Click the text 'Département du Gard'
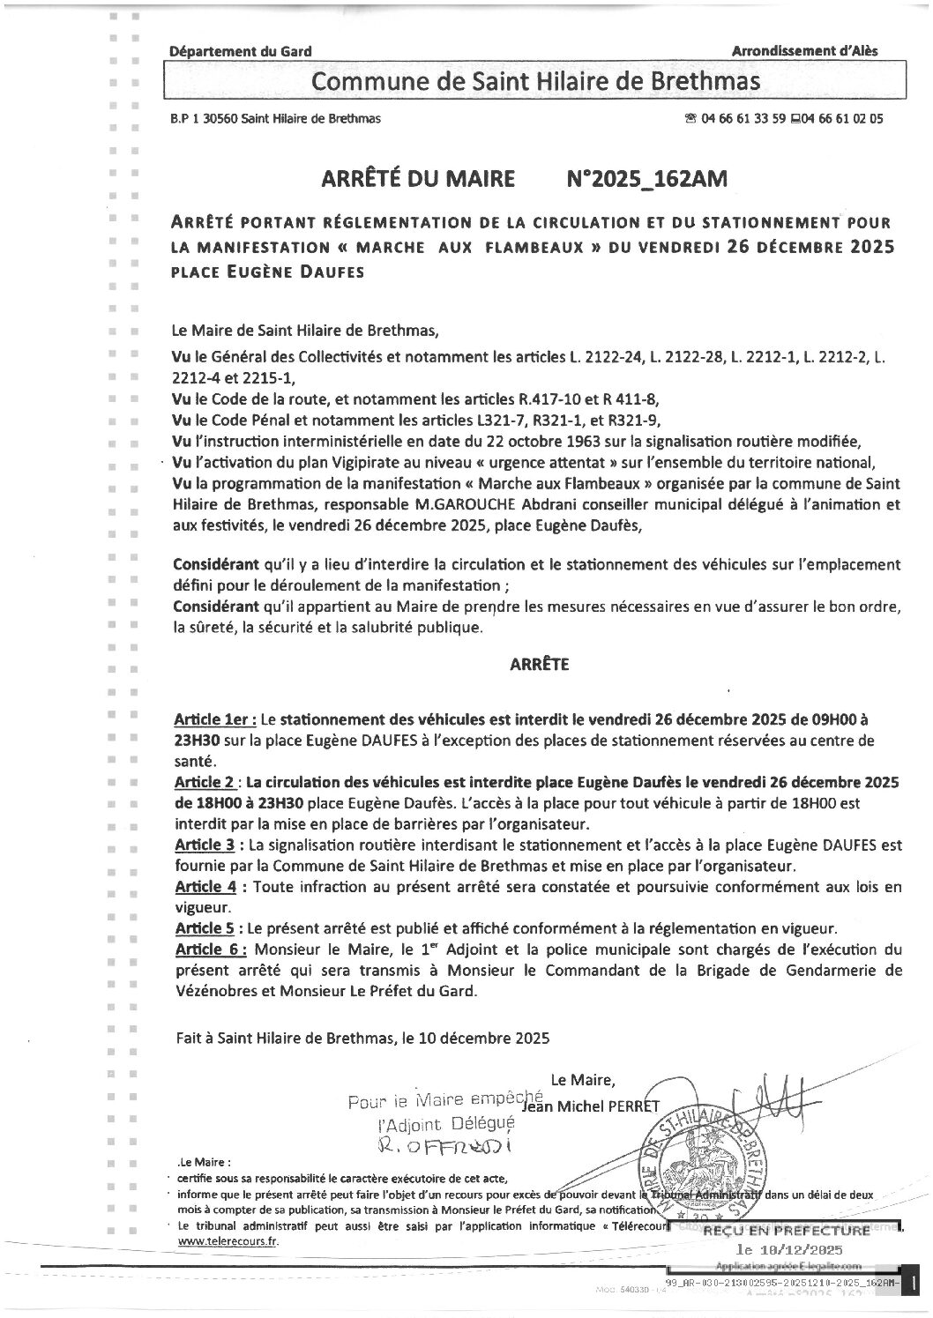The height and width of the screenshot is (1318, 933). [x=240, y=52]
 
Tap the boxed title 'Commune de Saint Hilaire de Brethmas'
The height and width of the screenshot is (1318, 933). [x=536, y=82]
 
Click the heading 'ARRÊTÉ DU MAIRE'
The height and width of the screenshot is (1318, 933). [x=420, y=179]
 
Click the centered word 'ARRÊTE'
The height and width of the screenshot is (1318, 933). [x=539, y=665]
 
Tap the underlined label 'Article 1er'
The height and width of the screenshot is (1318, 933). [x=214, y=719]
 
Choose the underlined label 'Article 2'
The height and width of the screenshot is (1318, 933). [x=205, y=782]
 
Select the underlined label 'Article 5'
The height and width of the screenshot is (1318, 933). [x=205, y=928]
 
